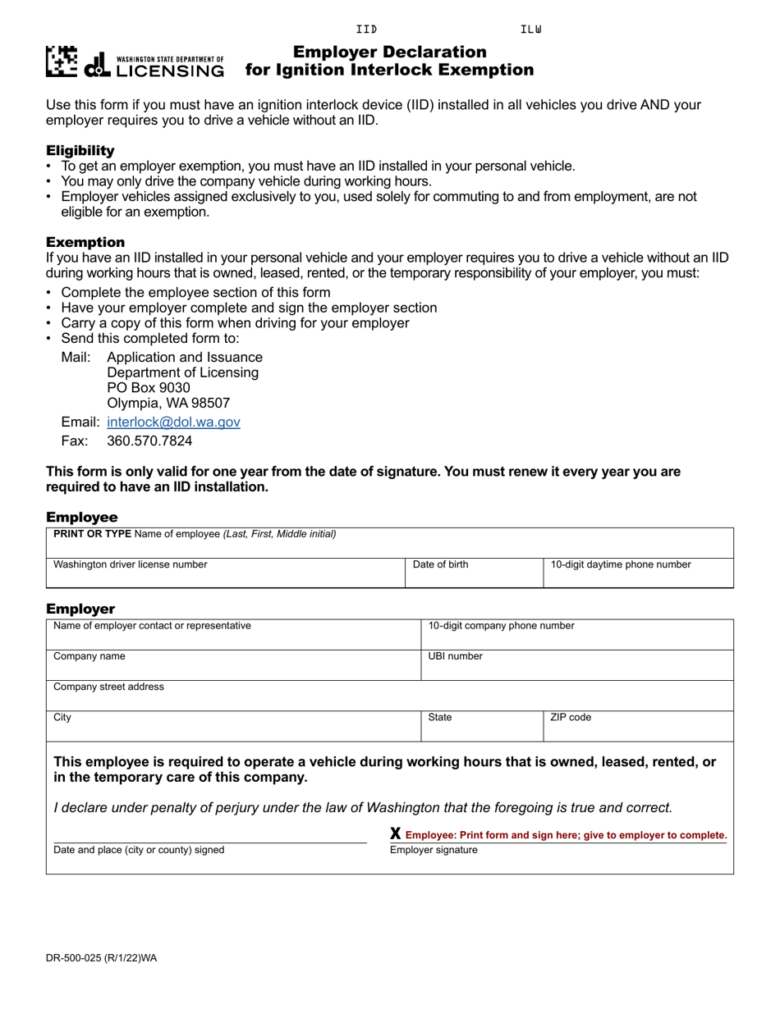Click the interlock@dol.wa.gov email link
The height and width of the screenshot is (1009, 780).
tap(173, 422)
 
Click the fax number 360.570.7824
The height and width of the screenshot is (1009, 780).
tap(149, 441)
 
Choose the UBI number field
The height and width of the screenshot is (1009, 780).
tap(576, 665)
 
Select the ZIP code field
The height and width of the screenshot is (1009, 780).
tap(638, 727)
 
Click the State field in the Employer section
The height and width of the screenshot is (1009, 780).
tap(481, 727)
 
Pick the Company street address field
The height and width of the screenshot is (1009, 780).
tap(389, 696)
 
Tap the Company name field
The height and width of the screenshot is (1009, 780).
tap(233, 665)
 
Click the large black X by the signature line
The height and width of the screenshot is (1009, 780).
tap(395, 834)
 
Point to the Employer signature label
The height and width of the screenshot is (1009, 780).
tap(434, 851)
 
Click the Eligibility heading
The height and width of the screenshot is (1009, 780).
tap(80, 151)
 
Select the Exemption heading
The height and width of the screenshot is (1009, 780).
tap(85, 243)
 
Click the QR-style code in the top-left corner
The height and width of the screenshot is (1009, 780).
tap(62, 62)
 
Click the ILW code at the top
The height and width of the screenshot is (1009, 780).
tap(531, 30)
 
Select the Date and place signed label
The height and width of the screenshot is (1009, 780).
tap(139, 851)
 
